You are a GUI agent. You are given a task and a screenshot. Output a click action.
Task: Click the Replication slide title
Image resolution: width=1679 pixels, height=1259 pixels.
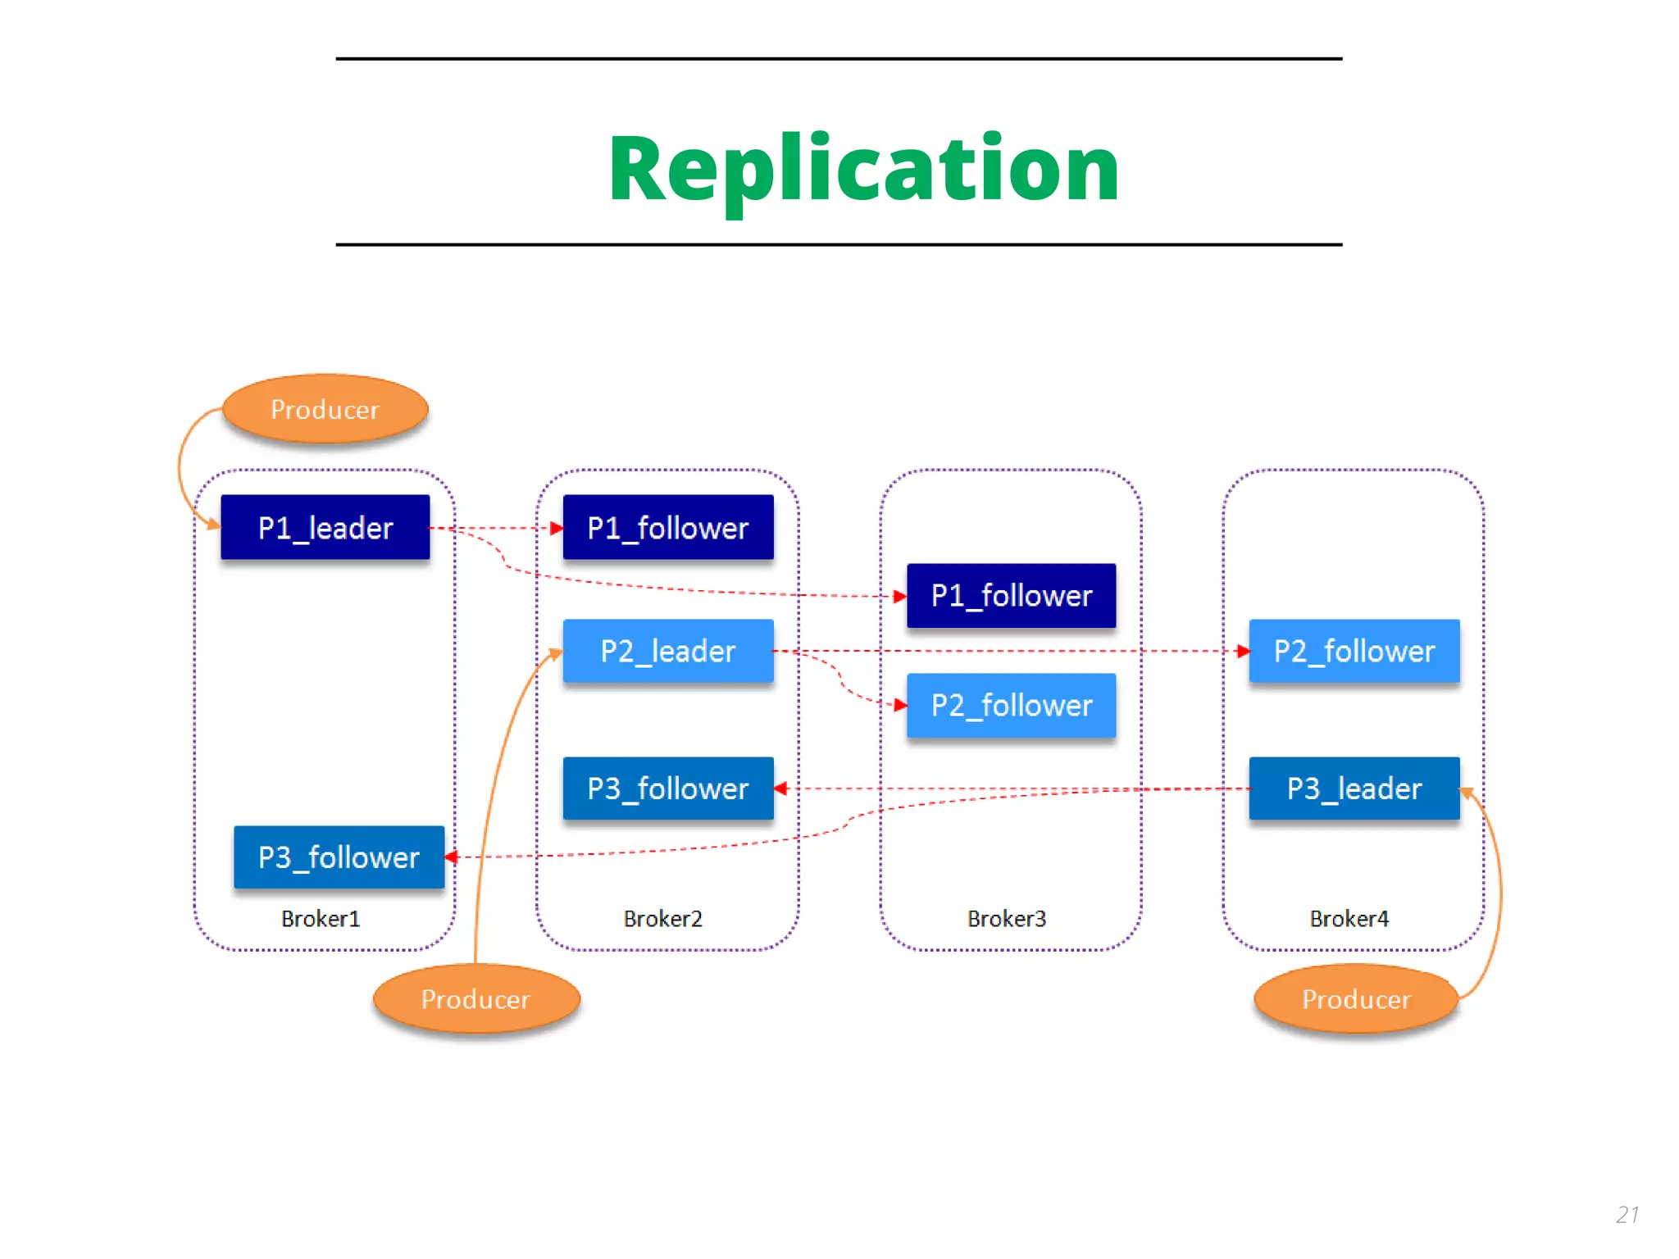(x=863, y=170)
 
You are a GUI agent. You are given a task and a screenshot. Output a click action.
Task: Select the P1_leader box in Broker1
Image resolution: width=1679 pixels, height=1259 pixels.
(x=325, y=528)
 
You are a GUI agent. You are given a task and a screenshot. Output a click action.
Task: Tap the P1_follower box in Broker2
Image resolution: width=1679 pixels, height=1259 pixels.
(x=667, y=528)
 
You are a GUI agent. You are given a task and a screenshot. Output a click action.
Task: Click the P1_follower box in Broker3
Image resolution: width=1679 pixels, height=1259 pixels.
(x=1011, y=596)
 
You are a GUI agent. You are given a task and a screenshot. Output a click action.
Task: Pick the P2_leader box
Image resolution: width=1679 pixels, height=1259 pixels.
(x=667, y=652)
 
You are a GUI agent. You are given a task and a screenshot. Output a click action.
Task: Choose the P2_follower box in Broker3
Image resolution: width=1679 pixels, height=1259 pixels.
(x=1011, y=706)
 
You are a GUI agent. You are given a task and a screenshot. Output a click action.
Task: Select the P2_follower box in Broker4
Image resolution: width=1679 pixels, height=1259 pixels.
(x=1354, y=652)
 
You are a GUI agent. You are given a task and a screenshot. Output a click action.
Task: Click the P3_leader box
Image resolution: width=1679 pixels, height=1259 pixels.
(x=1354, y=789)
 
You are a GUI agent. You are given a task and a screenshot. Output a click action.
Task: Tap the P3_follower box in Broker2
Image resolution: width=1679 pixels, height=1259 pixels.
(x=667, y=789)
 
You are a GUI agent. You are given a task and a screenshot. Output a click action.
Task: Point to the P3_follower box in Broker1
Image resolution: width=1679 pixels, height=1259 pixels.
(x=339, y=857)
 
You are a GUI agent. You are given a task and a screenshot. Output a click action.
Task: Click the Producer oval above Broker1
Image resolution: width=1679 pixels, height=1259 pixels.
(x=325, y=409)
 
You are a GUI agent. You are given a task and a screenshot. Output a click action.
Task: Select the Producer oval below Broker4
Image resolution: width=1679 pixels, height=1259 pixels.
(x=1356, y=999)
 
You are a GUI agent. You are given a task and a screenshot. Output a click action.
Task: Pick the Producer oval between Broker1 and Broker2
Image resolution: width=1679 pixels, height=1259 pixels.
(x=475, y=999)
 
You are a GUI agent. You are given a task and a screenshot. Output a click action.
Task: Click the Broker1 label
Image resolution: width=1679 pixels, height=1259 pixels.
(x=321, y=919)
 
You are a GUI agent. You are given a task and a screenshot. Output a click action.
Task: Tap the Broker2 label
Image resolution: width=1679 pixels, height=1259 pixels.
(x=662, y=919)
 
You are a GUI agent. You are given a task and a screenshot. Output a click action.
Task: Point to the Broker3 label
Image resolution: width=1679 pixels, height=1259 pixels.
(x=1007, y=919)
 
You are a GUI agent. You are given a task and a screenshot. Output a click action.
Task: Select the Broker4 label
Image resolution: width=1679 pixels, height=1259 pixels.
(x=1349, y=919)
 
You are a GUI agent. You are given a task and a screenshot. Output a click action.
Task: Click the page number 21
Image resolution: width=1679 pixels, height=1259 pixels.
(x=1627, y=1215)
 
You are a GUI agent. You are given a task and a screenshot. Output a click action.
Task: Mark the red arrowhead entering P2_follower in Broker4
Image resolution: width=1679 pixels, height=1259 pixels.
(x=1243, y=652)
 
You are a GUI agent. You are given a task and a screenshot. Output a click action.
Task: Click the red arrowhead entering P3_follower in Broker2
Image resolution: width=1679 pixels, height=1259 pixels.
(x=781, y=789)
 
